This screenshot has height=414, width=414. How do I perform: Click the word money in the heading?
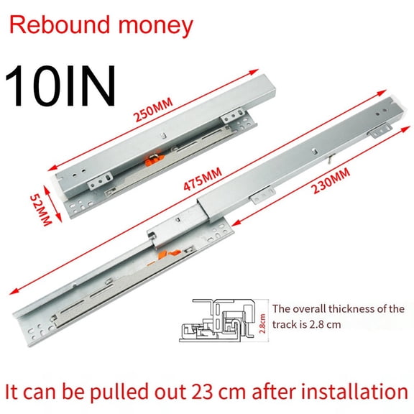[152, 27]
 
